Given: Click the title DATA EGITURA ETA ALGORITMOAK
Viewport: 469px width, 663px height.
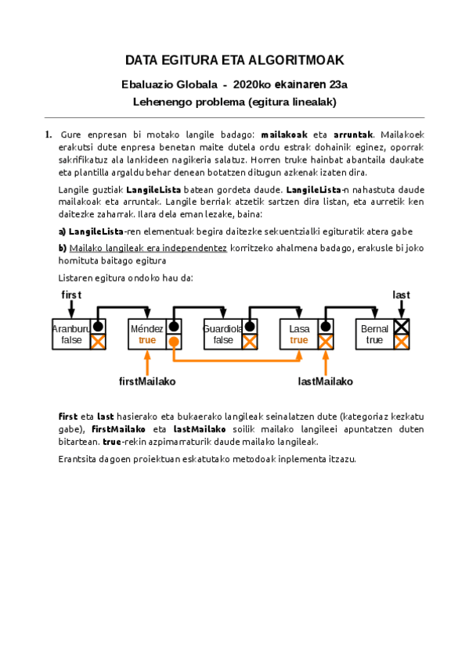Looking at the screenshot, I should [235, 61].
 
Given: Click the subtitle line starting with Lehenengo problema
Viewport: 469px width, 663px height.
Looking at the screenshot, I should [235, 102].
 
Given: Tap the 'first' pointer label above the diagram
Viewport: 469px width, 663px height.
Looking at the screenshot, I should [71, 294].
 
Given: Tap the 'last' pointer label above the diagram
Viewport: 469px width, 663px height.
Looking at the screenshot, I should [401, 294].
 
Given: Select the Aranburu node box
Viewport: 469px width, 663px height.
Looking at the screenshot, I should [71, 335].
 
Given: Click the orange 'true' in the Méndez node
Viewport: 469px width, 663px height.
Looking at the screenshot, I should [147, 340].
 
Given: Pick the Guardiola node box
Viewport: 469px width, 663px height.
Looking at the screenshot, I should [223, 335].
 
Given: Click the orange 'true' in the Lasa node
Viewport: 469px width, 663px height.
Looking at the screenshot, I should [299, 340].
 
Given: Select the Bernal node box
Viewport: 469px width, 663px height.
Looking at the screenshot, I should [374, 335].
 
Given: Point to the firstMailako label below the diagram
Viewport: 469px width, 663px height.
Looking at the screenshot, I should [147, 382].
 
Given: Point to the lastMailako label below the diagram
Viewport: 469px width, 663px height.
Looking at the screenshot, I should [326, 382].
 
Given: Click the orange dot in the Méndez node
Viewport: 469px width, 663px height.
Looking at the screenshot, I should [174, 342].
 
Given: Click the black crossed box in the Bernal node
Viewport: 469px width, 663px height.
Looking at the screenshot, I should [401, 327].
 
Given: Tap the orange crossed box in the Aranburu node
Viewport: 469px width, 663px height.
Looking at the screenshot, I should [98, 342].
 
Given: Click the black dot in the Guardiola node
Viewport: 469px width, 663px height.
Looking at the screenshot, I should [249, 327].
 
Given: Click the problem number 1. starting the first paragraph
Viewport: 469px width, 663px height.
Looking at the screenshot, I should [49, 134].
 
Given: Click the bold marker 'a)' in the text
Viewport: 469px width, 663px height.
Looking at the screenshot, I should [63, 231].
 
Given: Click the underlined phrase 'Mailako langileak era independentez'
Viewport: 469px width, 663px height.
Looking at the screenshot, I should [148, 248].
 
